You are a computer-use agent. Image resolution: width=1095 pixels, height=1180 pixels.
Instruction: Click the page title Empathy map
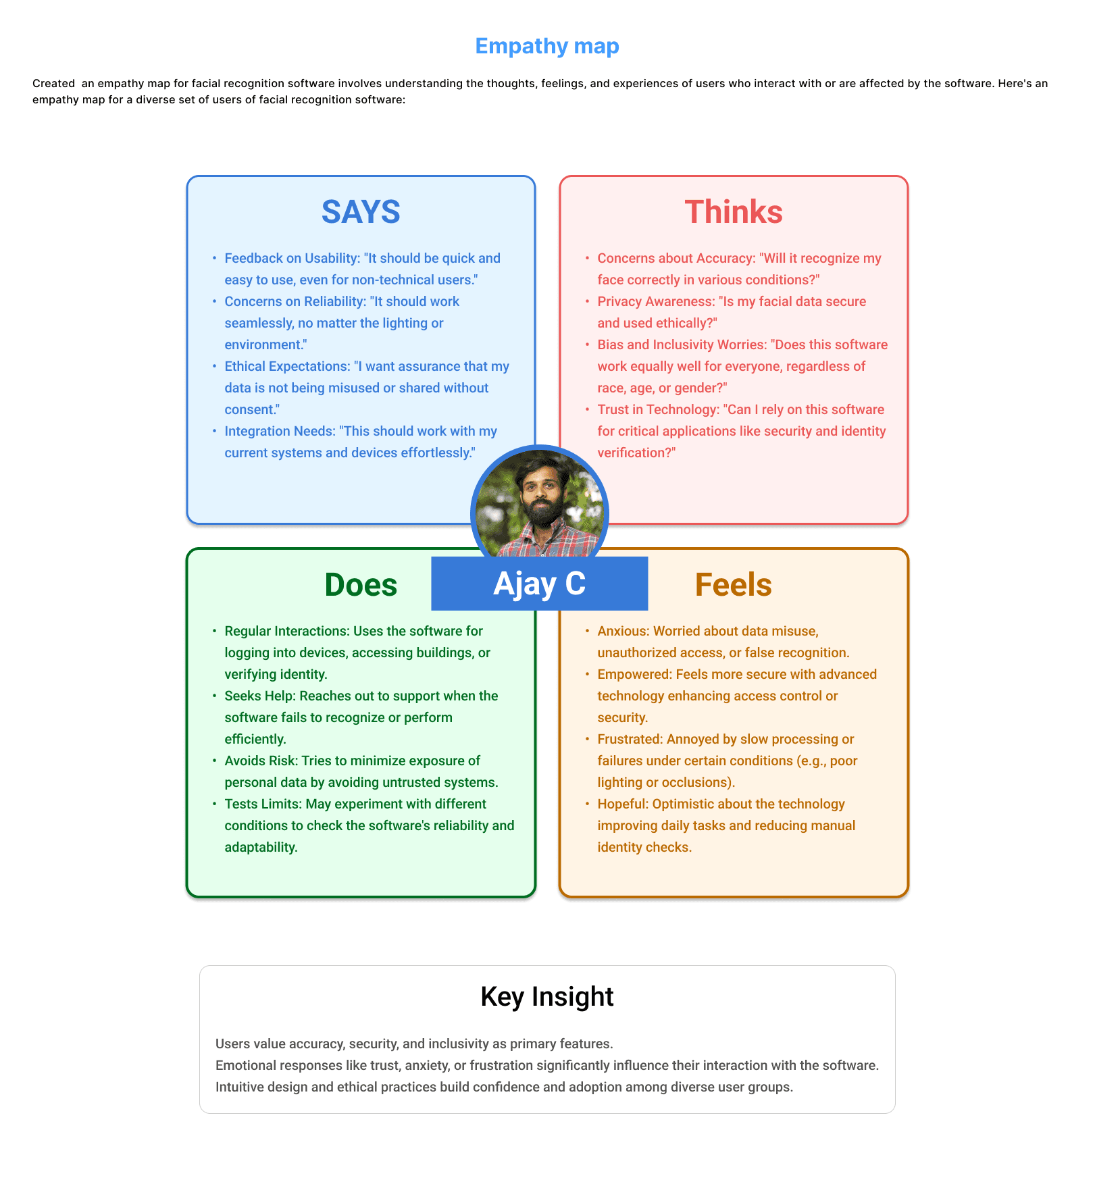pyautogui.click(x=546, y=46)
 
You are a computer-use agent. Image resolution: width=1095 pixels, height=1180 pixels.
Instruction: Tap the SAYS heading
pyautogui.click(x=361, y=212)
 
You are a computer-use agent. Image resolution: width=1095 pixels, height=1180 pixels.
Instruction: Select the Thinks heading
pyautogui.click(x=733, y=212)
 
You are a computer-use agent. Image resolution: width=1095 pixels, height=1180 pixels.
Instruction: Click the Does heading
pyautogui.click(x=361, y=585)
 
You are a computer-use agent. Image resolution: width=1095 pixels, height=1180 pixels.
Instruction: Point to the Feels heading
pyautogui.click(x=733, y=585)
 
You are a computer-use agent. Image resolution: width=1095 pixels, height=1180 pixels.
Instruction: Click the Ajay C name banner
pyautogui.click(x=539, y=584)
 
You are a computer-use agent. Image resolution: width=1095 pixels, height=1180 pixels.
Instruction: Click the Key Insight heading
pyautogui.click(x=546, y=996)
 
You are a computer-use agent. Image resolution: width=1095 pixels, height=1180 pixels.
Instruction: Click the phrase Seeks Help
pyautogui.click(x=259, y=696)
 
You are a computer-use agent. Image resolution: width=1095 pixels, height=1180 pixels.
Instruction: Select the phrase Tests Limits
pyautogui.click(x=262, y=804)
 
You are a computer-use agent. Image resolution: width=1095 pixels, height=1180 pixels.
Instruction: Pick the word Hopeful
pyautogui.click(x=622, y=804)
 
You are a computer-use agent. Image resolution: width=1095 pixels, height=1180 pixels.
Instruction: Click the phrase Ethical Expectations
pyautogui.click(x=286, y=366)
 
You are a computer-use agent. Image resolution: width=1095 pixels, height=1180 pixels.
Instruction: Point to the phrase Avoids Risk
pyautogui.click(x=260, y=761)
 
